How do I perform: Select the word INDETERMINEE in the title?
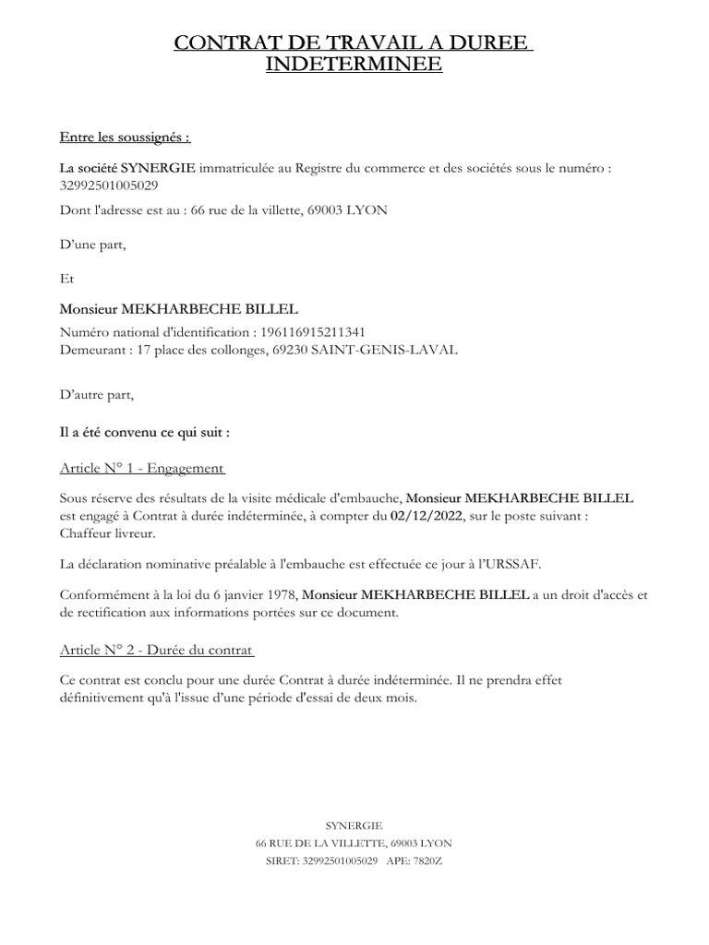coord(354,65)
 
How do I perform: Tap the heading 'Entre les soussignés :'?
coord(125,138)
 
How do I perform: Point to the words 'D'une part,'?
coord(92,245)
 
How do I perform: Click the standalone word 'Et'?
coord(66,277)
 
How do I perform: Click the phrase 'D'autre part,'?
coord(97,396)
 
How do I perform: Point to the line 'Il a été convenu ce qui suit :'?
coord(145,431)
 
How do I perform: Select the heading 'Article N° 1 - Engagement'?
coord(142,468)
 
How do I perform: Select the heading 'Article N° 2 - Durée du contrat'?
coord(157,650)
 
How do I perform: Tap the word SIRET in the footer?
coord(282,860)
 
